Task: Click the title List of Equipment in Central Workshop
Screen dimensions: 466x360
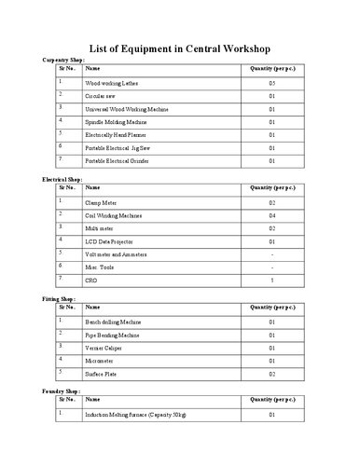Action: tap(179, 47)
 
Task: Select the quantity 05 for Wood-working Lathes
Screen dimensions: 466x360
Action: tap(271, 84)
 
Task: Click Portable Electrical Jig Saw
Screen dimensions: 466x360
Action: tap(118, 148)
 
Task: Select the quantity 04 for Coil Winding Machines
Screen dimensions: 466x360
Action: tap(271, 214)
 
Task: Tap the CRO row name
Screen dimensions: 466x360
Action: tap(91, 280)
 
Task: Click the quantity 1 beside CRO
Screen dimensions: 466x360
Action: tap(271, 280)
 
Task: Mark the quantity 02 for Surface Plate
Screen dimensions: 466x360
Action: tap(271, 373)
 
